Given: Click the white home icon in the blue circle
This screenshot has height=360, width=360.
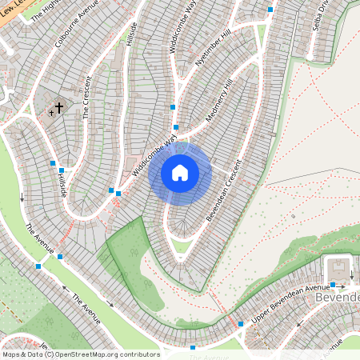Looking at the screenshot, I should coord(180,173).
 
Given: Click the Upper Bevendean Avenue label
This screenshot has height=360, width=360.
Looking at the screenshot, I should coord(290,298).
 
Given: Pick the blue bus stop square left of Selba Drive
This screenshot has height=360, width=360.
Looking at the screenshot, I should coord(270,10).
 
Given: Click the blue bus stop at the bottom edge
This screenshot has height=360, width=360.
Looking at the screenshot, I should coord(192,348).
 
